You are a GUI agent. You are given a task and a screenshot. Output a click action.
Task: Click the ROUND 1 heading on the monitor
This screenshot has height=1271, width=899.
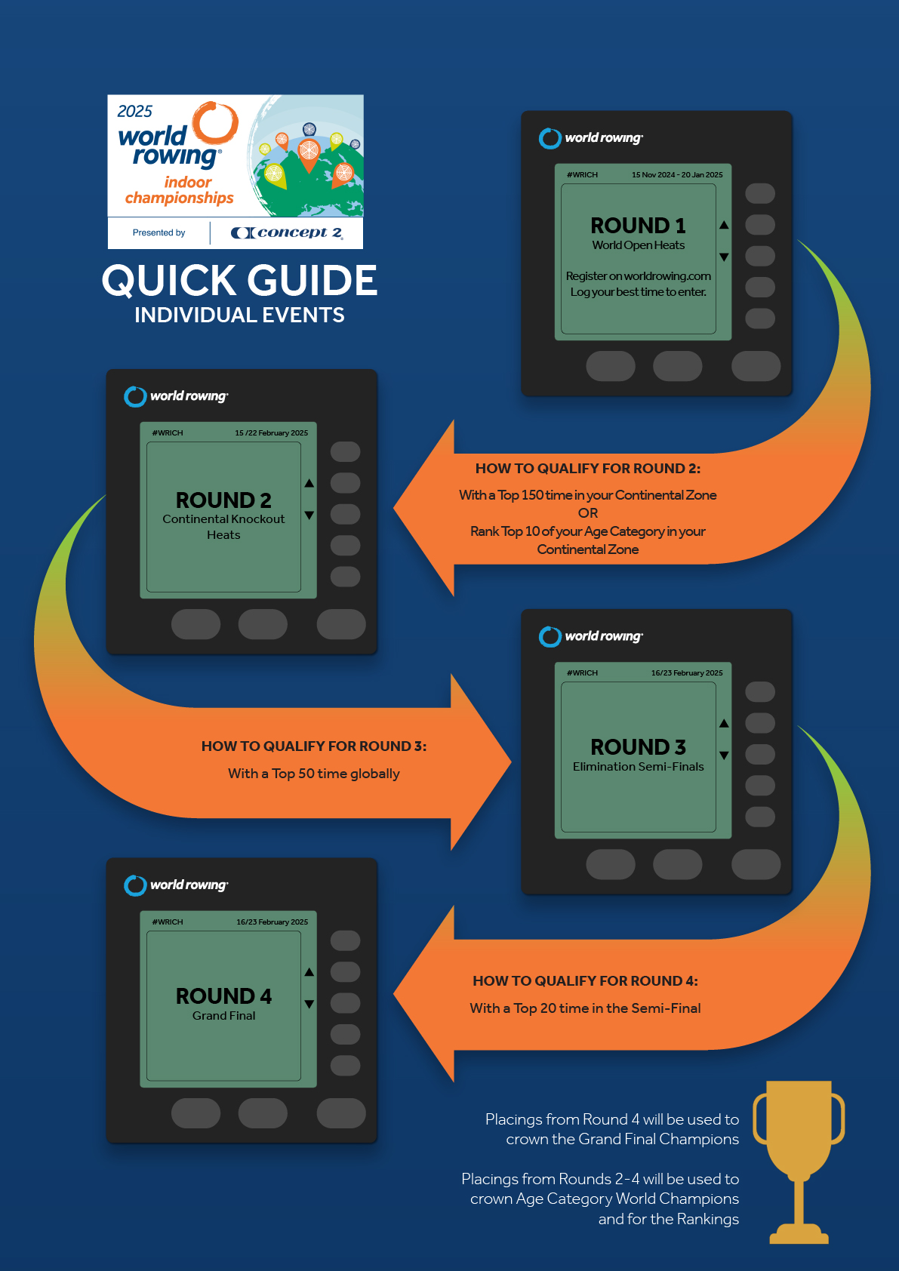point(638,226)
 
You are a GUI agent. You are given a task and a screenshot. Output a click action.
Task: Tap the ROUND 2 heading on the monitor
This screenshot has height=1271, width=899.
point(223,500)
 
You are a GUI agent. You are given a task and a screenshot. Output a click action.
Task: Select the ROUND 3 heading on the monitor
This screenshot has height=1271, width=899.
point(638,746)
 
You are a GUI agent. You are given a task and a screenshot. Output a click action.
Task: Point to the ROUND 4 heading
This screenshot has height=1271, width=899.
point(223,996)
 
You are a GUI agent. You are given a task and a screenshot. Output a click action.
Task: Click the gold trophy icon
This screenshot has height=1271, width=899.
point(799,1162)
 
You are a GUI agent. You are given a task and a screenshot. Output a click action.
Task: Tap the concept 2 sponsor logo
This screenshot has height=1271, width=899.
point(287,232)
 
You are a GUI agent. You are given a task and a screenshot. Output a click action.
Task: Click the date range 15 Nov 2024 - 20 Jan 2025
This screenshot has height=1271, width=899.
point(677,175)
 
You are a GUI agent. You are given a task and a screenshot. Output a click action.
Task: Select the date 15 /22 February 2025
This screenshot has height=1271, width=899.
point(271,433)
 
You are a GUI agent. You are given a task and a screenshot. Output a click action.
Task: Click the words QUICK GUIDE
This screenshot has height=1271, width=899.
point(239,280)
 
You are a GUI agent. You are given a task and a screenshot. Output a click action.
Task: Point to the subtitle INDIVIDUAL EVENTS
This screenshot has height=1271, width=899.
point(239,315)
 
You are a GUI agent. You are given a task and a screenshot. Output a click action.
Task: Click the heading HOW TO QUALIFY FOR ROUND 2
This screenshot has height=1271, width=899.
point(588,469)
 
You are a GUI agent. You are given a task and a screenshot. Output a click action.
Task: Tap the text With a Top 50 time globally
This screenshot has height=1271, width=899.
point(314,774)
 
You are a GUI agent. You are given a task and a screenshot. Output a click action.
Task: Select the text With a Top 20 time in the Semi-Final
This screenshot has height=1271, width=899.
point(585,1008)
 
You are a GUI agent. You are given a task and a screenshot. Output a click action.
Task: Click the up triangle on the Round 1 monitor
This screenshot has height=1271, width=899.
point(724,225)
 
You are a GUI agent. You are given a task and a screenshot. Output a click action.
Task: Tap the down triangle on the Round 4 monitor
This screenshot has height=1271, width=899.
point(309,1005)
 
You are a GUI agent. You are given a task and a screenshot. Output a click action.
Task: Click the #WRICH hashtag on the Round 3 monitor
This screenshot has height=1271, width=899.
point(582,673)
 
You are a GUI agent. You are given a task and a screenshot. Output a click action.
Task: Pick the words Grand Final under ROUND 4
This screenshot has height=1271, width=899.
point(223,1016)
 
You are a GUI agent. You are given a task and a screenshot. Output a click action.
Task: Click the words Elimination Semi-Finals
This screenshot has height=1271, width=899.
point(638,767)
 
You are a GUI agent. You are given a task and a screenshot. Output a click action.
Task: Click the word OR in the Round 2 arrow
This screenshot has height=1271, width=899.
point(588,513)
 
